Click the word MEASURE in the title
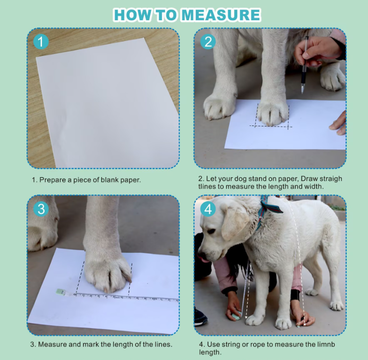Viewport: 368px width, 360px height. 221,15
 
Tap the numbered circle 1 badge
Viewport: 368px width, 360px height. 41,42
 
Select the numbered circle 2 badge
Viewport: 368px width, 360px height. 208,42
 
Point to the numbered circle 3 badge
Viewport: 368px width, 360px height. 41,209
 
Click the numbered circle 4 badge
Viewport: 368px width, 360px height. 208,209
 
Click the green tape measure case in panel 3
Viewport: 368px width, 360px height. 60,292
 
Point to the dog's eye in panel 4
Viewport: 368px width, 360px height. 212,231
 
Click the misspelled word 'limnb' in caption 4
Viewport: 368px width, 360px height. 326,344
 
